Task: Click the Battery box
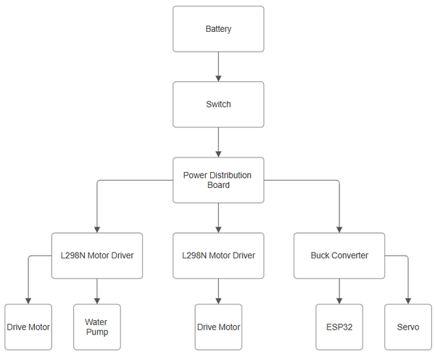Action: [x=218, y=29]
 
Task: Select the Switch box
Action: [x=218, y=105]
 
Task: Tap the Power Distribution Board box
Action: [x=218, y=180]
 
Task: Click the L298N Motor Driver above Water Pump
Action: [x=97, y=255]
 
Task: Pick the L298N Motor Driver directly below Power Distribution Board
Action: [x=218, y=255]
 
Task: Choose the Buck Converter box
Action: [x=339, y=255]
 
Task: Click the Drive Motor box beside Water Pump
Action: [x=28, y=327]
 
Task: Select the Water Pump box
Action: [x=97, y=327]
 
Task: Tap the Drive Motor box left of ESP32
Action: [x=218, y=327]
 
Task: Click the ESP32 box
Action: [x=339, y=327]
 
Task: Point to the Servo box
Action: [x=408, y=327]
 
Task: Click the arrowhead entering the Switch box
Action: [x=218, y=78]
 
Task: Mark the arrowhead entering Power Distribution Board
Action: [x=218, y=154]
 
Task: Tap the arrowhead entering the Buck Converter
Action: [x=339, y=230]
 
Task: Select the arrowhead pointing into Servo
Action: [x=408, y=301]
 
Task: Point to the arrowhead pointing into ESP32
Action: [x=339, y=301]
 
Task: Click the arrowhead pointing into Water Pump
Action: [x=97, y=301]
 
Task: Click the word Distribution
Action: [x=231, y=175]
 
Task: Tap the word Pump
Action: [x=97, y=332]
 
